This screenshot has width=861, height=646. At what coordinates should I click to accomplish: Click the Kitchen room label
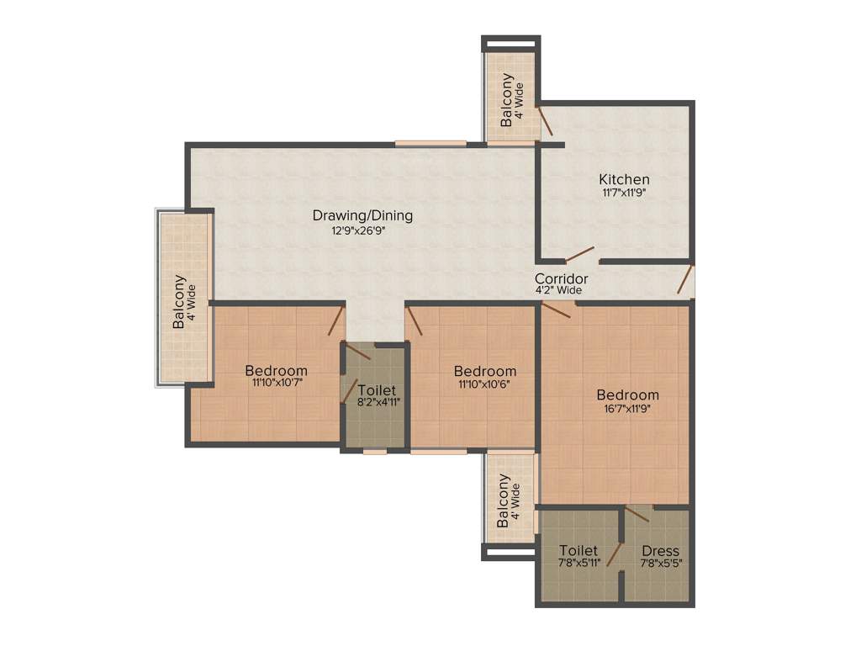pos(624,179)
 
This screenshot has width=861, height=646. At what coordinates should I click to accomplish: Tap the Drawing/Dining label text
pos(362,215)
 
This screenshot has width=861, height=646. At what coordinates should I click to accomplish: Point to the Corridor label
pos(561,278)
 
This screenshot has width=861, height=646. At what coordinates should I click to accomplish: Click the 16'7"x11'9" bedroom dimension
pos(627,410)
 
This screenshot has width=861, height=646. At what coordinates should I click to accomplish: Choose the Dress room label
pos(660,551)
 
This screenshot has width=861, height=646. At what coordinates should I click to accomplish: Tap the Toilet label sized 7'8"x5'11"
pos(578,551)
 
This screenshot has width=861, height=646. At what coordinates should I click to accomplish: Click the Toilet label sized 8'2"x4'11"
pos(374,390)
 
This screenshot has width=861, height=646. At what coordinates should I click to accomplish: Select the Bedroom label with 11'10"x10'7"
pos(276,370)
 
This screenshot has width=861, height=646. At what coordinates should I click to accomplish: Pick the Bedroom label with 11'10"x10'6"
pos(485,371)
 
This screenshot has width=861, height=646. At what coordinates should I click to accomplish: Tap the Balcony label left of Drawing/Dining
pos(179,301)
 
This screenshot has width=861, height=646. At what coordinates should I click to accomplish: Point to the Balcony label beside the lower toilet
pos(503,500)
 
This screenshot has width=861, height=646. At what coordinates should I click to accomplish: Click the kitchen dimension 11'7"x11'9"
pos(624,193)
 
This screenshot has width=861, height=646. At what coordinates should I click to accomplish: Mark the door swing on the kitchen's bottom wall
pos(580,254)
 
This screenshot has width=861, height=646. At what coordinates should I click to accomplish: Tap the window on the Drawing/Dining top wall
pos(430,143)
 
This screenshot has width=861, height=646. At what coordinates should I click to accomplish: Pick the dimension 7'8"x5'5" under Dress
pos(660,564)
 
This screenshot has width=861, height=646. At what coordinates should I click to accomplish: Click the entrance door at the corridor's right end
pos(687,279)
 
